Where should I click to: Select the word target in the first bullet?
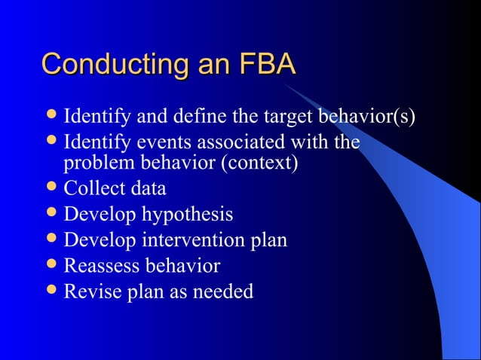click(x=289, y=118)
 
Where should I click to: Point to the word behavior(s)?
click(x=367, y=118)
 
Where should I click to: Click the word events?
click(x=150, y=142)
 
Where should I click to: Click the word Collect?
click(x=92, y=188)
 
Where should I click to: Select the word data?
click(x=146, y=188)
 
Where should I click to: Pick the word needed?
click(x=225, y=291)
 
